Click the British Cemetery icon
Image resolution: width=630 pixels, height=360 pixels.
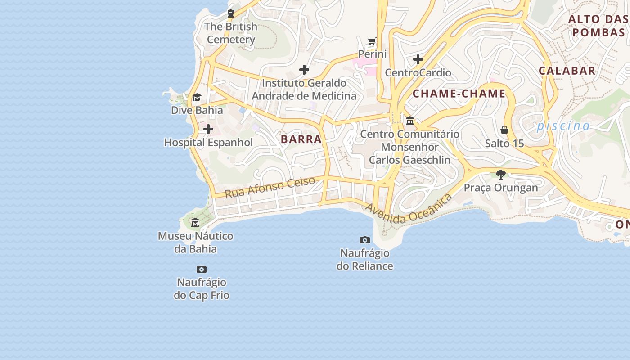(x=231, y=13)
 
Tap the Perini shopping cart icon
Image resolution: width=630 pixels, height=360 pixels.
(x=372, y=41)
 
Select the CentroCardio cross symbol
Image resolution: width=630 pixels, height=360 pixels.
(x=418, y=59)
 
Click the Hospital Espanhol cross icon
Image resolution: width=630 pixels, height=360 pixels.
(x=208, y=130)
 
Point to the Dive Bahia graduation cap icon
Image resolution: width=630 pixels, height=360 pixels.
(x=197, y=97)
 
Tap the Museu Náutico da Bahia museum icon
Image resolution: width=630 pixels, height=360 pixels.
(x=195, y=223)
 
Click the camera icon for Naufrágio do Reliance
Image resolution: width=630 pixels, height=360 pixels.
(x=365, y=240)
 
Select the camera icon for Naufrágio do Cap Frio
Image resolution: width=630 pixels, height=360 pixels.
(x=202, y=270)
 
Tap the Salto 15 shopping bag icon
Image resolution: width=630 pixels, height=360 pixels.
(x=504, y=130)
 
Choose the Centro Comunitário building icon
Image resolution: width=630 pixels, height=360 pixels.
(x=410, y=121)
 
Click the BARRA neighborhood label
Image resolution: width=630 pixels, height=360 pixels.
(x=301, y=139)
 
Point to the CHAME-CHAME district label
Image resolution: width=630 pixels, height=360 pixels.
(x=459, y=94)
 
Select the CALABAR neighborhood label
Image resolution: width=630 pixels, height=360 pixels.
(x=567, y=71)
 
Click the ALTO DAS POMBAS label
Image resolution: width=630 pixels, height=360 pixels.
(x=598, y=26)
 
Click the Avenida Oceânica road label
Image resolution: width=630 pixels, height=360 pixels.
(x=408, y=209)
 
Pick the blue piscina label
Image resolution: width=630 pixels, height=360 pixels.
(x=563, y=126)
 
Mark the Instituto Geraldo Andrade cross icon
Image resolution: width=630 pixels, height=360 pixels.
(x=304, y=70)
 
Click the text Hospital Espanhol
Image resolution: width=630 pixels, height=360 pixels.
(x=208, y=143)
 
